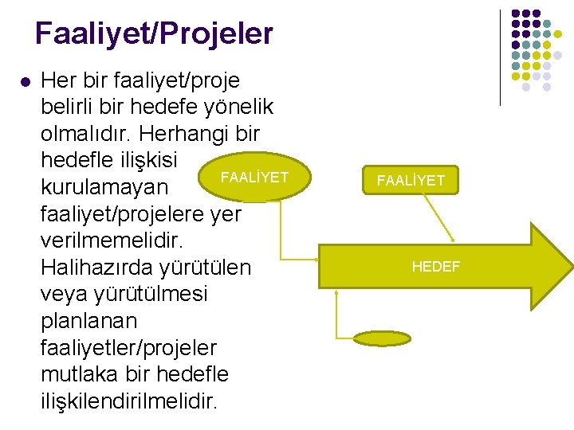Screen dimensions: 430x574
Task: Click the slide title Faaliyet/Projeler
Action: pyautogui.click(x=154, y=33)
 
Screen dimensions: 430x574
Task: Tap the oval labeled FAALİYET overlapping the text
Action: pyautogui.click(x=254, y=177)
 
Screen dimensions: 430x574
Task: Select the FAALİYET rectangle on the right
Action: pyautogui.click(x=411, y=181)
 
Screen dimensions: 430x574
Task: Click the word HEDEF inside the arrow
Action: pyautogui.click(x=435, y=267)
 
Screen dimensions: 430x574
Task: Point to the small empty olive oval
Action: pyautogui.click(x=383, y=338)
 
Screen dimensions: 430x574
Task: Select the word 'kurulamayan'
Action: pyautogui.click(x=104, y=188)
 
